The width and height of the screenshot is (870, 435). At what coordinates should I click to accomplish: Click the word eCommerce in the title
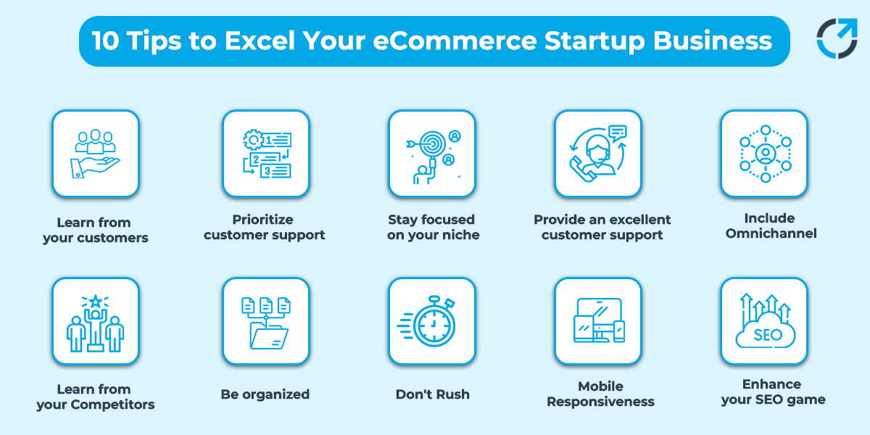(455, 41)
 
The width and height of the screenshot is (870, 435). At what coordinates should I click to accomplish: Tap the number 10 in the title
(105, 41)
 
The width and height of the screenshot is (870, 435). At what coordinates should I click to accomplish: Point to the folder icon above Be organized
(266, 323)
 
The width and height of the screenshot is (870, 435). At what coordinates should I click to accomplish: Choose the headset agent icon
(598, 153)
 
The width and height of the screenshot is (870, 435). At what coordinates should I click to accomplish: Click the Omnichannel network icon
(766, 154)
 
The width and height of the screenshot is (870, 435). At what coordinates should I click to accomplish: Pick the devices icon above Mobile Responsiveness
(599, 320)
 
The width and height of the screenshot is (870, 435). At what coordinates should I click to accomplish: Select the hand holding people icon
(95, 154)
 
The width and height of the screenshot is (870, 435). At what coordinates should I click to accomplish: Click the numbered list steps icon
(267, 154)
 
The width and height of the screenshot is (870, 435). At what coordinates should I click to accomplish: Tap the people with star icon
(95, 323)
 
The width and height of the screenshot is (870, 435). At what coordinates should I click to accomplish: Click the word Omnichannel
(771, 233)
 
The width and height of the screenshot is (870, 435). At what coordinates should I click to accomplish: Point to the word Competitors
(112, 405)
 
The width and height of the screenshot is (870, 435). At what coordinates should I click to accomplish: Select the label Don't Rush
(432, 394)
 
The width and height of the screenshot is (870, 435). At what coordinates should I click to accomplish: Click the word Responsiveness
(600, 402)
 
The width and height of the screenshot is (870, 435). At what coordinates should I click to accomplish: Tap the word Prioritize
(262, 220)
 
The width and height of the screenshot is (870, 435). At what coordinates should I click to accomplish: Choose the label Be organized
(265, 394)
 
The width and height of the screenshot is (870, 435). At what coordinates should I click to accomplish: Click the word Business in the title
(713, 41)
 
